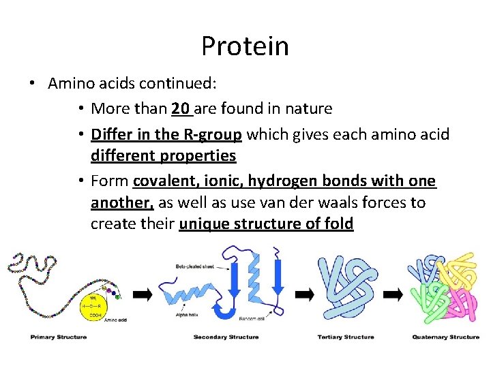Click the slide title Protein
coord(245,46)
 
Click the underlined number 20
coord(181,108)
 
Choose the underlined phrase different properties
coord(164,155)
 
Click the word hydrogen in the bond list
coord(279,181)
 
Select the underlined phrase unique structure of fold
coord(266,224)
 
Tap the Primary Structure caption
coord(58,337)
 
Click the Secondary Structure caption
coord(226,337)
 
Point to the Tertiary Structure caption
coord(346,337)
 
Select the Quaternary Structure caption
coord(445,337)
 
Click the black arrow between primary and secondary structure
coord(143,294)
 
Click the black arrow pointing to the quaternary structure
coord(393,294)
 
